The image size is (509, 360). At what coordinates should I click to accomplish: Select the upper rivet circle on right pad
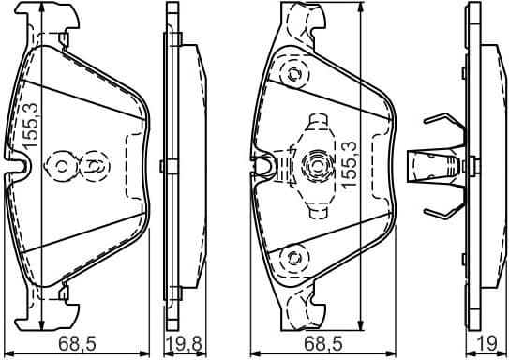[x=296, y=74]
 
